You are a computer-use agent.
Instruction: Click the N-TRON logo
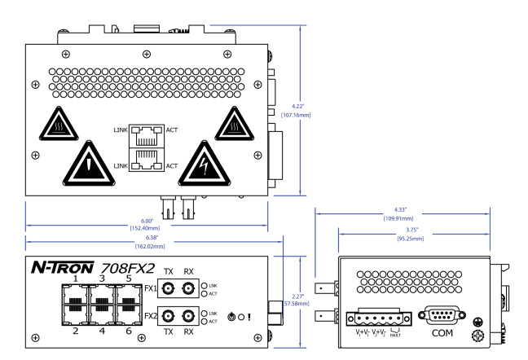tap(63, 267)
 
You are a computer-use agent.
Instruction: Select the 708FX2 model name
tap(128, 268)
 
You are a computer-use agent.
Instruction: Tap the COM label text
tap(442, 333)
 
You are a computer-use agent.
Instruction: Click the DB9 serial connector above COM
tap(442, 315)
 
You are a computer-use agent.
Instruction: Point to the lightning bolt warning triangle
tap(204, 164)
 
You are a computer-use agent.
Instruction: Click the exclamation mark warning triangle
tap(89, 164)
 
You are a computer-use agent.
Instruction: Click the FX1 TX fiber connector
tap(168, 288)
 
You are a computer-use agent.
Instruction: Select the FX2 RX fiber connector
tap(188, 316)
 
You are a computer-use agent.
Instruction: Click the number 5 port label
tap(129, 279)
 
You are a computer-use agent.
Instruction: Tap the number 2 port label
tap(76, 331)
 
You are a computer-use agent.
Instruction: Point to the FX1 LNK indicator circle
tap(204, 286)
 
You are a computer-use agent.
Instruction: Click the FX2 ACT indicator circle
tap(204, 322)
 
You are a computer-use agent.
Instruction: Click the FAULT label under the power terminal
tap(395, 335)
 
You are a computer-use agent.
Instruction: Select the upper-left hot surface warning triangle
tap(59, 125)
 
